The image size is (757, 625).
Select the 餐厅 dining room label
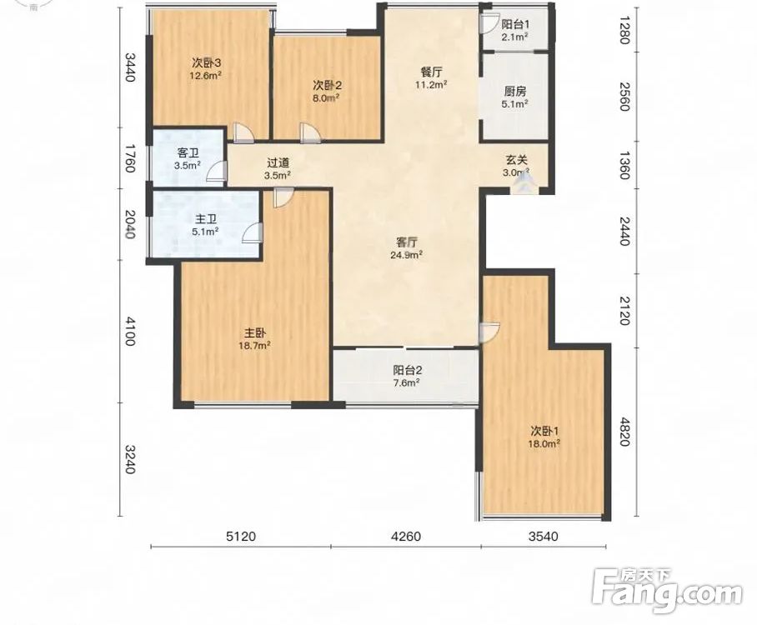pyautogui.click(x=431, y=72)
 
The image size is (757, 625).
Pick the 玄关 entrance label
pyautogui.click(x=516, y=160)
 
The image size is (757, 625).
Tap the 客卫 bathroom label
pyautogui.click(x=188, y=153)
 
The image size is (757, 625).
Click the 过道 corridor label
pyautogui.click(x=278, y=163)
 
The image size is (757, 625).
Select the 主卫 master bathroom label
pyautogui.click(x=205, y=220)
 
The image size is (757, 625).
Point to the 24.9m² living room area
pyautogui.click(x=407, y=254)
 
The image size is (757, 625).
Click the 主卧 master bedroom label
pyautogui.click(x=255, y=333)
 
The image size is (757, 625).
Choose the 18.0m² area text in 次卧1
pyautogui.click(x=544, y=442)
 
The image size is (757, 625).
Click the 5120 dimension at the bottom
pyautogui.click(x=241, y=536)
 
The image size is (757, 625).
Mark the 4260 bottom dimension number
pyautogui.click(x=407, y=536)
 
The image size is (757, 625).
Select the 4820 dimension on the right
pyautogui.click(x=625, y=432)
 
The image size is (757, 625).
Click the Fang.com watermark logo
pyautogui.click(x=667, y=590)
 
